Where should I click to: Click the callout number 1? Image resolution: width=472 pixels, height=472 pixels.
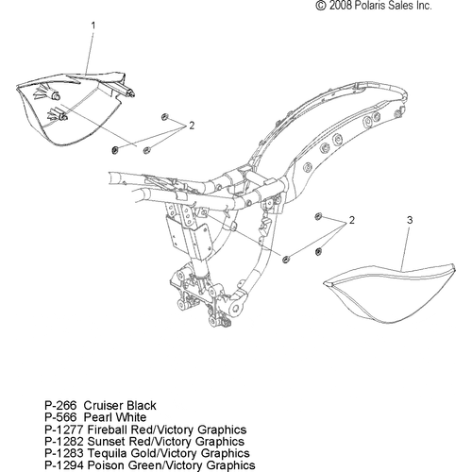(x=93, y=25)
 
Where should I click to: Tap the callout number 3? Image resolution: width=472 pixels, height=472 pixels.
(x=410, y=220)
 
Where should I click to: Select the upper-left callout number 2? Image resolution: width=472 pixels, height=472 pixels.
(x=192, y=126)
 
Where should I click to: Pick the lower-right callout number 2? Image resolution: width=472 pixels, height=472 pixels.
(x=351, y=220)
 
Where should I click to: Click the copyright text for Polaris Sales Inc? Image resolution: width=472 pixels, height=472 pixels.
(x=374, y=6)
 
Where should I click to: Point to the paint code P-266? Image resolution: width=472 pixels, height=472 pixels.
(x=60, y=405)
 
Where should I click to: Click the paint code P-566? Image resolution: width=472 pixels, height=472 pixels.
(x=60, y=417)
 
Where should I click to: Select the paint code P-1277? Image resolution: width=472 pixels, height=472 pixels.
(x=64, y=430)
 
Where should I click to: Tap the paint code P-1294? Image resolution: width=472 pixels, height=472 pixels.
(x=64, y=464)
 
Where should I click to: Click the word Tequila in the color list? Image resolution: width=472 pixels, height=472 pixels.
(x=106, y=453)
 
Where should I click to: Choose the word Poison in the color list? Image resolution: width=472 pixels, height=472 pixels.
(x=104, y=464)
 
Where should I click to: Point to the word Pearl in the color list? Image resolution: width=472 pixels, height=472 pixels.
(x=98, y=417)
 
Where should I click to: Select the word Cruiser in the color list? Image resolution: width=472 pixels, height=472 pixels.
(x=104, y=405)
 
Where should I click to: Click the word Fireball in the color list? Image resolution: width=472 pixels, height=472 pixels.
(x=107, y=430)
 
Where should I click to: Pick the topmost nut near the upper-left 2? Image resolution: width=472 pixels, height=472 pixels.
(x=164, y=117)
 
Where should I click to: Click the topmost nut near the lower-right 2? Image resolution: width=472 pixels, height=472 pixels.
(x=318, y=216)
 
